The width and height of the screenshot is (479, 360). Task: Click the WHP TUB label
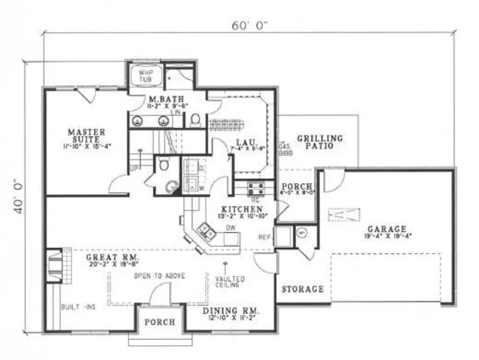pos(144,75)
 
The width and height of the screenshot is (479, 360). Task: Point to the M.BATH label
pos(161,99)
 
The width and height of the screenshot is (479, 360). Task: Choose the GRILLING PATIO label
pos(320,142)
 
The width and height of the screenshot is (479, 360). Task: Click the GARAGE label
pos(387,229)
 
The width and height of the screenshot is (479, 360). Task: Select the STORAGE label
pos(302,290)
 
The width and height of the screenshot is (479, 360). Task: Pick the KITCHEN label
pos(242,209)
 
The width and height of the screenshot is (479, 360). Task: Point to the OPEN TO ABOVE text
pos(160,276)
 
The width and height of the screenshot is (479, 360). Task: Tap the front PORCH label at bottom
pos(159,322)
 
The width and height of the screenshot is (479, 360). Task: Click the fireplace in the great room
pos(55,265)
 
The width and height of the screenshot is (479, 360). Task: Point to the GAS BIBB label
pos(284,150)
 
